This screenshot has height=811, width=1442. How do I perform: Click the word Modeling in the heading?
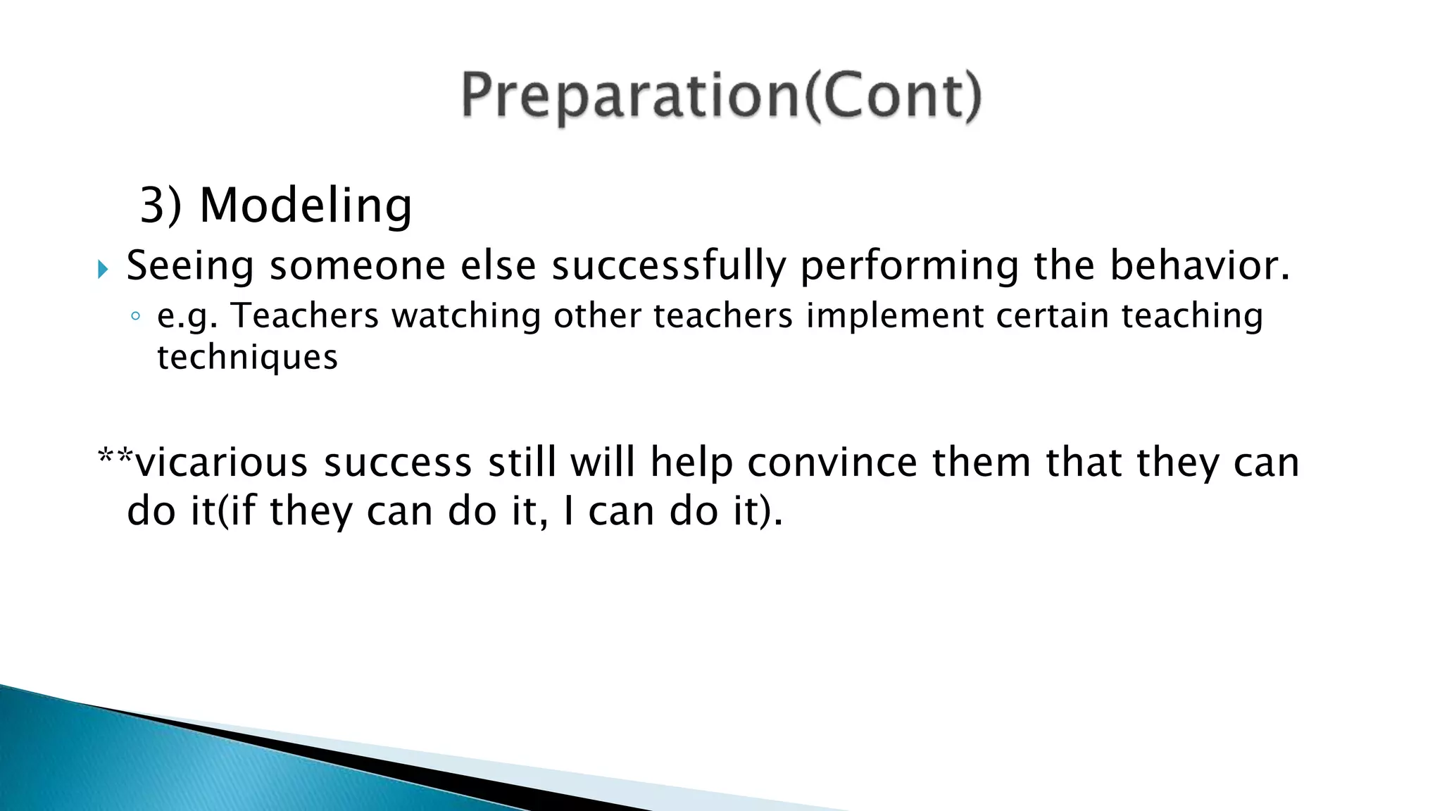(x=306, y=206)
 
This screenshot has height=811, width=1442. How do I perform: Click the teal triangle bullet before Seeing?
(x=103, y=269)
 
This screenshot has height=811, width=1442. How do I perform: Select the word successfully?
(x=668, y=266)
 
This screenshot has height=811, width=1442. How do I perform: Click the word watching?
(x=466, y=315)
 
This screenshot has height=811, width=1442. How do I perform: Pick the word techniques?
(x=247, y=358)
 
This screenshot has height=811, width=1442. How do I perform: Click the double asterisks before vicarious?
(x=115, y=456)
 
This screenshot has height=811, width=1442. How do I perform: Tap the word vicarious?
(x=222, y=463)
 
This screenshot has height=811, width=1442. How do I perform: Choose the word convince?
(x=832, y=463)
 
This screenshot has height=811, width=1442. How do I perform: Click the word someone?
(x=358, y=266)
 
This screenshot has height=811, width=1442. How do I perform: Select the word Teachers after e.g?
(x=306, y=315)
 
